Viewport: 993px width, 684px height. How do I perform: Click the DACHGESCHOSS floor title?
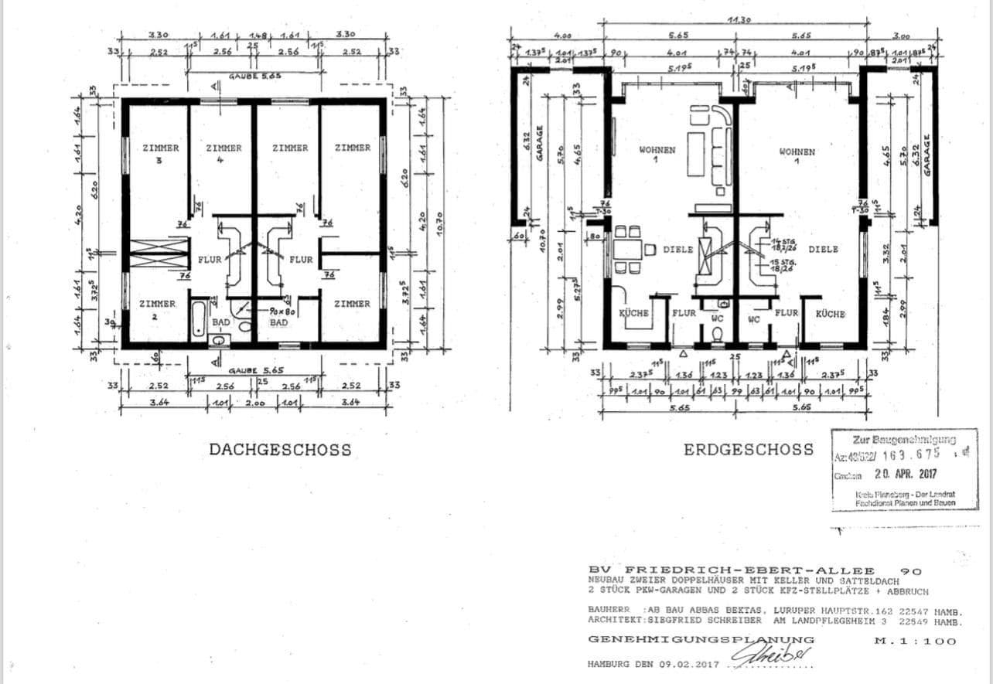279,449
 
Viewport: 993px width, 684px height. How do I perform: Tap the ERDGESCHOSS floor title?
748,449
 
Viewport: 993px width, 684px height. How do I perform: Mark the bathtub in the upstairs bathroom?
198,318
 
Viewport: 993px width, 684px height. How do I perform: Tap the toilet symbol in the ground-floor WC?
716,334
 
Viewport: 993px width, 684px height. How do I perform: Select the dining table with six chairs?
627,250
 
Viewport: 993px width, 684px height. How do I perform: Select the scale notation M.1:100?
925,640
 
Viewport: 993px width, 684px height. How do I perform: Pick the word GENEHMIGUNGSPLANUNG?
701,640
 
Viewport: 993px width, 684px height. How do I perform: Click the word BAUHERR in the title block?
608,608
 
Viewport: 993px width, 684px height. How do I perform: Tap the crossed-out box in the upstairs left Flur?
159,254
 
